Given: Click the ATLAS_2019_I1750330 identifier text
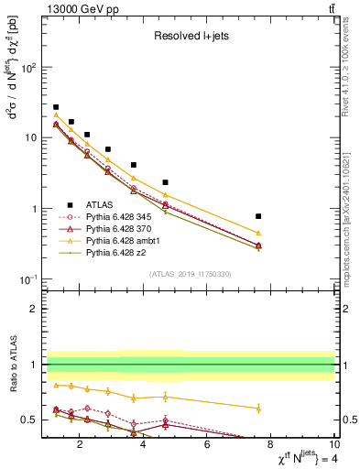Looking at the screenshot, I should point(189,273).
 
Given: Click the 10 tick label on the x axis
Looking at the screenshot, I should point(333,445).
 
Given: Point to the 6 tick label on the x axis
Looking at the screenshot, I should point(207,445).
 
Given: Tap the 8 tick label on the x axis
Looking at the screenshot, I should point(270,445).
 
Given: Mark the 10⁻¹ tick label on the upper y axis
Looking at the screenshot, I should point(27,278).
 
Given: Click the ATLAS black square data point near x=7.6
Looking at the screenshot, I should point(258,216).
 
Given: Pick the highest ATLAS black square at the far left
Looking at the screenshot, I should point(56,107).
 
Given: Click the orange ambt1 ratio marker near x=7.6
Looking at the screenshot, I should point(258,408).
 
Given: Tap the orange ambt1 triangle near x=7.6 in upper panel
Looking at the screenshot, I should point(258,233).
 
